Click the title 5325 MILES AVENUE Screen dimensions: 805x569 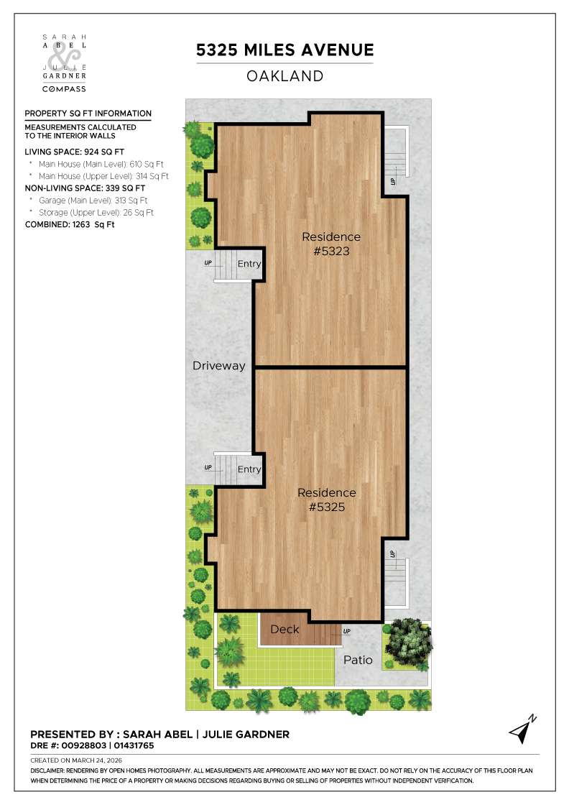[x=285, y=50]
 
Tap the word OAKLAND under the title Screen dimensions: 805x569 [x=285, y=75]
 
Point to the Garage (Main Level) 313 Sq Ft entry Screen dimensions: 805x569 [x=93, y=201]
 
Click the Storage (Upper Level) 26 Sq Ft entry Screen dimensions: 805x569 [x=96, y=213]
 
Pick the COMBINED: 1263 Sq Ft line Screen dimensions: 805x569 [x=70, y=225]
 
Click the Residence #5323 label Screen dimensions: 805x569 [x=331, y=244]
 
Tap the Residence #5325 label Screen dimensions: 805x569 [x=327, y=500]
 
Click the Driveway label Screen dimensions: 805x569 [x=219, y=366]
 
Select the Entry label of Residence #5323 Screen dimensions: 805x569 [x=249, y=264]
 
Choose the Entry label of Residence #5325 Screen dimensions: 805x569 [x=249, y=469]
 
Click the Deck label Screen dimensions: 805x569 [x=284, y=630]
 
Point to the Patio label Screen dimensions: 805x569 [x=358, y=659]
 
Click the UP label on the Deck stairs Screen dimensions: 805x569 [x=347, y=632]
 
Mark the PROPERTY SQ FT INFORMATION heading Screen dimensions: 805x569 [x=88, y=114]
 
